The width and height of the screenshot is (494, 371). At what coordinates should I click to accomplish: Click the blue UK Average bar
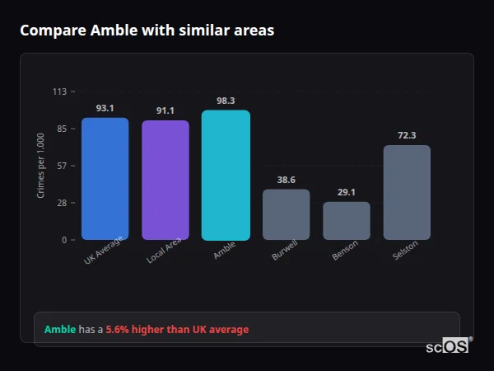105,179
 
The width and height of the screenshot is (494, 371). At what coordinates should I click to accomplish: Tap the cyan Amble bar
226,176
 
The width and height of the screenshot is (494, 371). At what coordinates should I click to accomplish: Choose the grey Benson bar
346,221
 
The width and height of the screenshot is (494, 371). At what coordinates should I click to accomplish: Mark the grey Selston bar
407,192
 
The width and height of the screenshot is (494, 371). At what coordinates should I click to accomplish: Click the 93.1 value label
105,108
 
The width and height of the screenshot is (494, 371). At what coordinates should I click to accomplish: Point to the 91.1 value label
165,110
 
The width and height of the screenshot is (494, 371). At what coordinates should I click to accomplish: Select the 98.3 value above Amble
226,101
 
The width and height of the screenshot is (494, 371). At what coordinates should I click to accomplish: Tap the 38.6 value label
286,180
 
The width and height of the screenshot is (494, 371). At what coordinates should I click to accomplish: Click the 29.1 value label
346,192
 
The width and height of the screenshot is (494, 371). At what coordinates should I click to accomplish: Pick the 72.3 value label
407,135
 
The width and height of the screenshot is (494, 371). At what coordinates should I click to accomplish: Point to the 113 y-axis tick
59,92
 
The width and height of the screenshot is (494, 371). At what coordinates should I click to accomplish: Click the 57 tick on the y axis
62,166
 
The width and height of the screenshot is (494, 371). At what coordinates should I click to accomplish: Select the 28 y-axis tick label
62,203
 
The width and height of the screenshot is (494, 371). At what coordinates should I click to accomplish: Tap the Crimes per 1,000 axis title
41,166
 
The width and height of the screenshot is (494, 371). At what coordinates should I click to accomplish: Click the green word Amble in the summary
60,330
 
